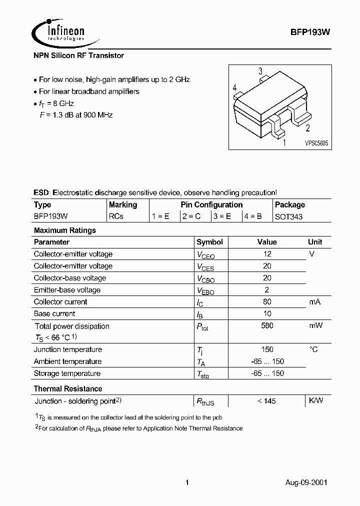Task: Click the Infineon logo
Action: coord(58,32)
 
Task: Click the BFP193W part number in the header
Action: coord(310,31)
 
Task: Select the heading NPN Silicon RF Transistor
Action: coord(78,55)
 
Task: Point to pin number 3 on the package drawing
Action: coord(260,71)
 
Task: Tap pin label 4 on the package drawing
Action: coord(234,88)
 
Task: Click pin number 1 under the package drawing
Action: coord(284,143)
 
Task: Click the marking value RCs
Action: coord(116,216)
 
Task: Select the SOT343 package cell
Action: coord(288,216)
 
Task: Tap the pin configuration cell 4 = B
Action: coord(253,216)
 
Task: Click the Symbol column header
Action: coord(209,242)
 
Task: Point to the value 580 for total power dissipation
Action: coord(267,326)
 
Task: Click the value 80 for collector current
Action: coord(267,302)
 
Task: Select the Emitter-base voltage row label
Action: coord(67,290)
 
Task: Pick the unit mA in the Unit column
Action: coord(315,302)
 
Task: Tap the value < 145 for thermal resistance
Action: coord(266,401)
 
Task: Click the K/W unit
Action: coord(316,400)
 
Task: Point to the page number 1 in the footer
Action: coord(187,482)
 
